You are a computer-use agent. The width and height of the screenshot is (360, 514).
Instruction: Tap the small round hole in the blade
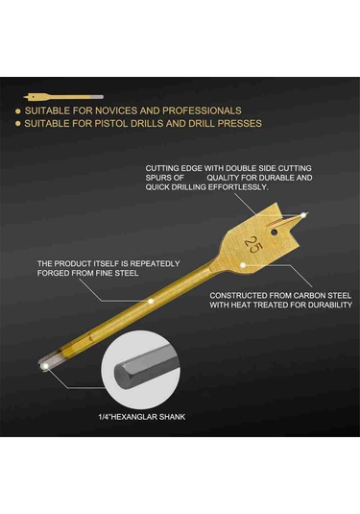coord(275,233)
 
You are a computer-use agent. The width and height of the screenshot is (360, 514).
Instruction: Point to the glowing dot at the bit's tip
coord(304,215)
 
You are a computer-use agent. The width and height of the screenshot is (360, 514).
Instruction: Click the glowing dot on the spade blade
coord(243,265)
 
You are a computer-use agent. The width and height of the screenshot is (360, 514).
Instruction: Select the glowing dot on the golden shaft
coord(151,301)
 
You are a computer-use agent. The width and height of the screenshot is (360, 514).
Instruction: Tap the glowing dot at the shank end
coord(45,366)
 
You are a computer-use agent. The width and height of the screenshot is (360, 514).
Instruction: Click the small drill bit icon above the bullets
coord(63,97)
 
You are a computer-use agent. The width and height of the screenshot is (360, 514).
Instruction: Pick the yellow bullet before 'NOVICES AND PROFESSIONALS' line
coord(18,111)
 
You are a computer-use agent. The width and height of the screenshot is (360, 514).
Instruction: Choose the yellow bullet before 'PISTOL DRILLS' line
coord(18,124)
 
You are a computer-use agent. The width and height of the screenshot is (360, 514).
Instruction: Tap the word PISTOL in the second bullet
coord(112,123)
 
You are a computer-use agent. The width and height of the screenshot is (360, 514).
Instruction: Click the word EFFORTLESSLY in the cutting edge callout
coord(238,187)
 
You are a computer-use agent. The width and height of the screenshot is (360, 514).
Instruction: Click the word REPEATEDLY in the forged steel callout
coord(156,263)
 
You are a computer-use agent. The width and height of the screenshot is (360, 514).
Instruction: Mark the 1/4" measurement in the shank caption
coord(105,417)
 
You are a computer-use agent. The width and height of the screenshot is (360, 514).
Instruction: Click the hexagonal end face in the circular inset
coord(121,375)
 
